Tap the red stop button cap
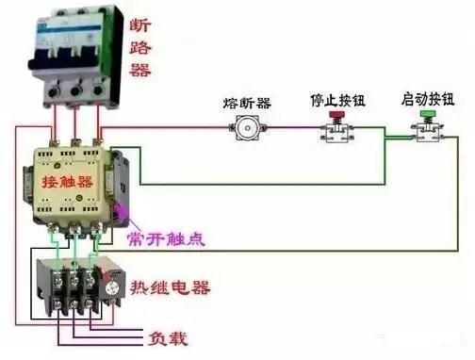tap(335, 117)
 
